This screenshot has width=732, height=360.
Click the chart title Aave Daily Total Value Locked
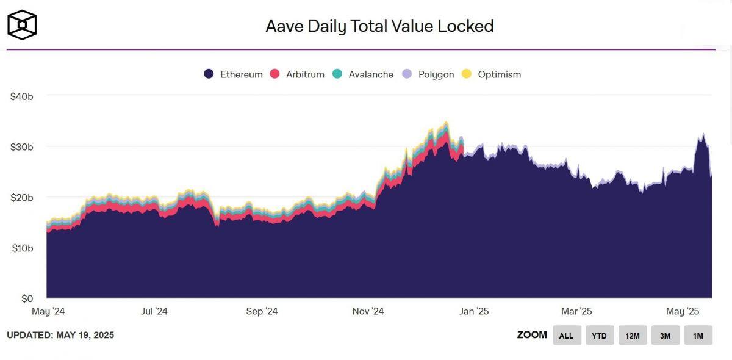point(379,26)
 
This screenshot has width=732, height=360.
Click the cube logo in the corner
point(22,25)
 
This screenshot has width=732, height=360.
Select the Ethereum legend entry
point(234,74)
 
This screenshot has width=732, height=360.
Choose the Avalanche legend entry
point(363,74)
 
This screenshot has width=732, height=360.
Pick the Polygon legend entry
point(428,74)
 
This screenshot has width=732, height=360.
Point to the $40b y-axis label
point(22,96)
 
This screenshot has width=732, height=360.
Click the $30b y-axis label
point(22,147)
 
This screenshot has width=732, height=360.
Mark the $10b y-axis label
point(22,248)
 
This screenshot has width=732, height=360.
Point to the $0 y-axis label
point(26,298)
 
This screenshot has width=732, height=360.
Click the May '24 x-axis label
point(48,311)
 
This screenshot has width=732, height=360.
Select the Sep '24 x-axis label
point(262,311)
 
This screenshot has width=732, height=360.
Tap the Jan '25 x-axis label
point(474,311)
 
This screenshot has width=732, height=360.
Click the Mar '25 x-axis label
point(577,311)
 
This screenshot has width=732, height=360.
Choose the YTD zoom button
point(599,336)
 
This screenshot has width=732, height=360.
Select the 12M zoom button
point(632,336)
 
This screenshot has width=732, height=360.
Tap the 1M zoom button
point(698,336)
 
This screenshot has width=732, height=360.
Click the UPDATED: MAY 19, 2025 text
point(60,335)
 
